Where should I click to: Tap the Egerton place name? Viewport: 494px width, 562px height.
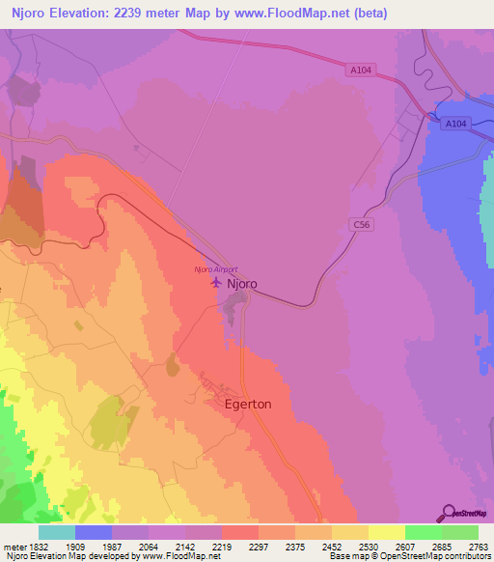248,405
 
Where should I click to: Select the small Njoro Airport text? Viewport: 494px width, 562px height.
215,269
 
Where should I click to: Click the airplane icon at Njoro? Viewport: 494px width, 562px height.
215,283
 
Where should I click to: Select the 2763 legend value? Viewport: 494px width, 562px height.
479,548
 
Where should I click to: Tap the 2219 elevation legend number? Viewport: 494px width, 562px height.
222,548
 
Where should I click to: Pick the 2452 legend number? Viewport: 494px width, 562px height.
332,548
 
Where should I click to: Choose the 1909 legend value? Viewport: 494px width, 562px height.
75,548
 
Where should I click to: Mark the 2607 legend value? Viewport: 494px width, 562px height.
405,548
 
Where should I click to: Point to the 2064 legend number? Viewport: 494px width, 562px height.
149,548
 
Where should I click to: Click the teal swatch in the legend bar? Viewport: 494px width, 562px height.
57,532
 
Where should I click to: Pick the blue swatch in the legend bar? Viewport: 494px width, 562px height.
94,532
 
